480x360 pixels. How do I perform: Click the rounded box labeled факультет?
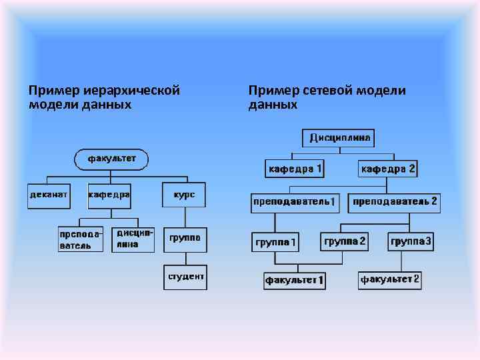111,159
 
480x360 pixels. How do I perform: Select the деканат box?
49,195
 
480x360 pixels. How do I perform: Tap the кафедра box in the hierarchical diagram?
109,195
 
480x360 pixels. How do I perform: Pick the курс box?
184,195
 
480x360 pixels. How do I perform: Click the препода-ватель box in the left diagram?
81,239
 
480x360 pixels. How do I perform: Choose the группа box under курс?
185,239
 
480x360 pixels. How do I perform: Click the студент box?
185,277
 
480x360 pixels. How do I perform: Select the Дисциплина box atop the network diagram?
339,138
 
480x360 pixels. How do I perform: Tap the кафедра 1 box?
295,169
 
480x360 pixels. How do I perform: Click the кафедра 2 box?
388,169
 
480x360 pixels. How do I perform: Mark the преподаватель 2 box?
395,201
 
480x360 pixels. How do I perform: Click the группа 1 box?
276,241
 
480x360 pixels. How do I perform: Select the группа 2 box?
344,241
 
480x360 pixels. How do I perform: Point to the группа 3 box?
411,241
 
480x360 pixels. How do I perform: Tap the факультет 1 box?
295,280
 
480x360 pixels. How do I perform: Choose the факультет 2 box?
390,279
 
